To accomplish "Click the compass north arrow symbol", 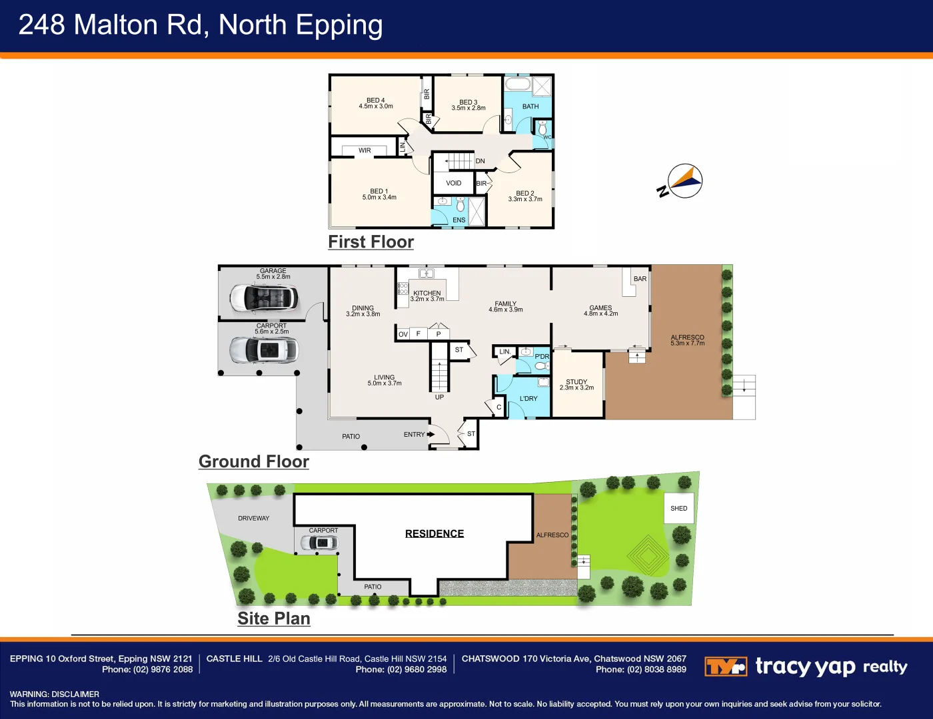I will [x=686, y=181].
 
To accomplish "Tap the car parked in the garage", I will [x=264, y=298].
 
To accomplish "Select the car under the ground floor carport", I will [x=264, y=349].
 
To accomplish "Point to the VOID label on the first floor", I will [x=454, y=183].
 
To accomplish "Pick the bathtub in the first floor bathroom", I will [x=517, y=85].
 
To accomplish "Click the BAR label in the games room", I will [x=640, y=279].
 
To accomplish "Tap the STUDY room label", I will [x=576, y=382].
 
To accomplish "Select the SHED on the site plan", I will [x=679, y=509].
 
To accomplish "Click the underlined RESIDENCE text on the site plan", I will [x=435, y=534].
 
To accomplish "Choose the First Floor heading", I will [x=371, y=242].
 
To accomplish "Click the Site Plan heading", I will [x=274, y=618].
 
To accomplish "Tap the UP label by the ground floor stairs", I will [x=439, y=397].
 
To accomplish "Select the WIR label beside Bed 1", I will [x=365, y=150].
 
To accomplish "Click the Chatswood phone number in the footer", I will [x=656, y=670].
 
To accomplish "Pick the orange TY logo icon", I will [x=725, y=666].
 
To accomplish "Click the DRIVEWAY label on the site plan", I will [x=254, y=518].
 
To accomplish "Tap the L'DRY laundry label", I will [x=528, y=399].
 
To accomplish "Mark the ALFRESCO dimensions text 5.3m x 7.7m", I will [x=688, y=344].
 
